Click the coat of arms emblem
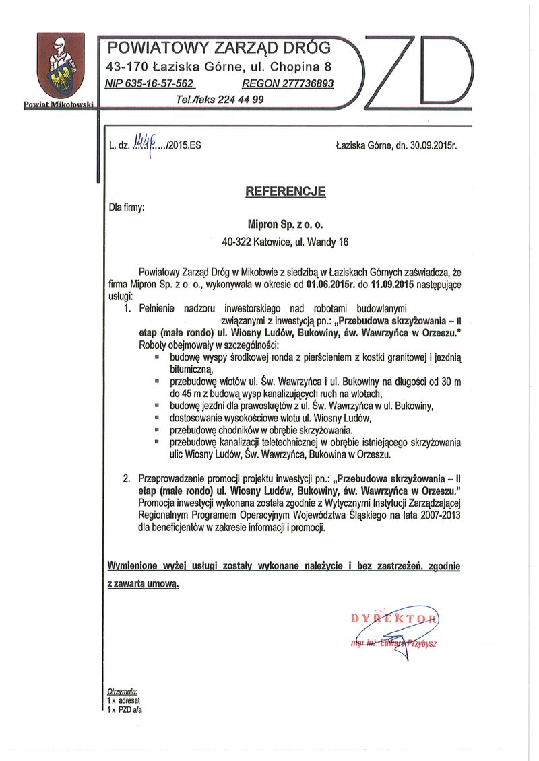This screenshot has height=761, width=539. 60,67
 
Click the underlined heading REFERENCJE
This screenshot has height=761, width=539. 286,192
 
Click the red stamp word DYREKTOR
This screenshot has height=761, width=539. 394,618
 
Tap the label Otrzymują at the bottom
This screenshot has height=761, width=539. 122,691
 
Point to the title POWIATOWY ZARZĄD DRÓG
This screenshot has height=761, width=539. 220,48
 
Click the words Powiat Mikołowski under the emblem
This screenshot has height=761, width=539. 57,105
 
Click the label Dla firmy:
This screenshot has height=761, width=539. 127,208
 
